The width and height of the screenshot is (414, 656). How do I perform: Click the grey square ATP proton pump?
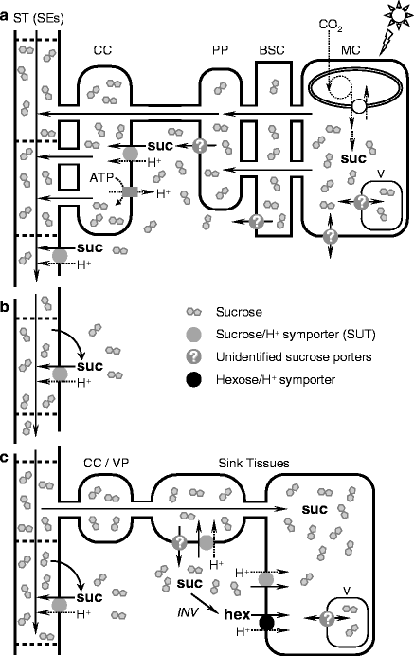(x=130, y=192)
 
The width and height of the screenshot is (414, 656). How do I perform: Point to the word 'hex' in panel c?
(x=237, y=615)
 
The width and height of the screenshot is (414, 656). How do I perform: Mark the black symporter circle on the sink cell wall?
(x=267, y=623)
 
